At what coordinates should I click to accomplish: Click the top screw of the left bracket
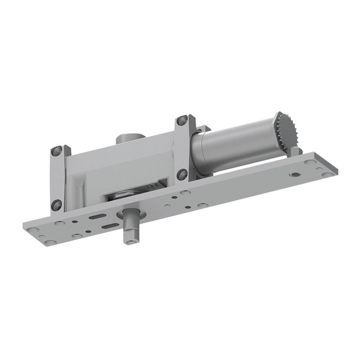56,151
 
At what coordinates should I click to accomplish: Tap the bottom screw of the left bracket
57,205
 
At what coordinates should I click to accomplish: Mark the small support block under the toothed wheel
295,152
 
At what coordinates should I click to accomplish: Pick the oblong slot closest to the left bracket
97,217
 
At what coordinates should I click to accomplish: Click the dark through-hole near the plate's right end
294,175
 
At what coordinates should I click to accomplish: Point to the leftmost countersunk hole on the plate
33,230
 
